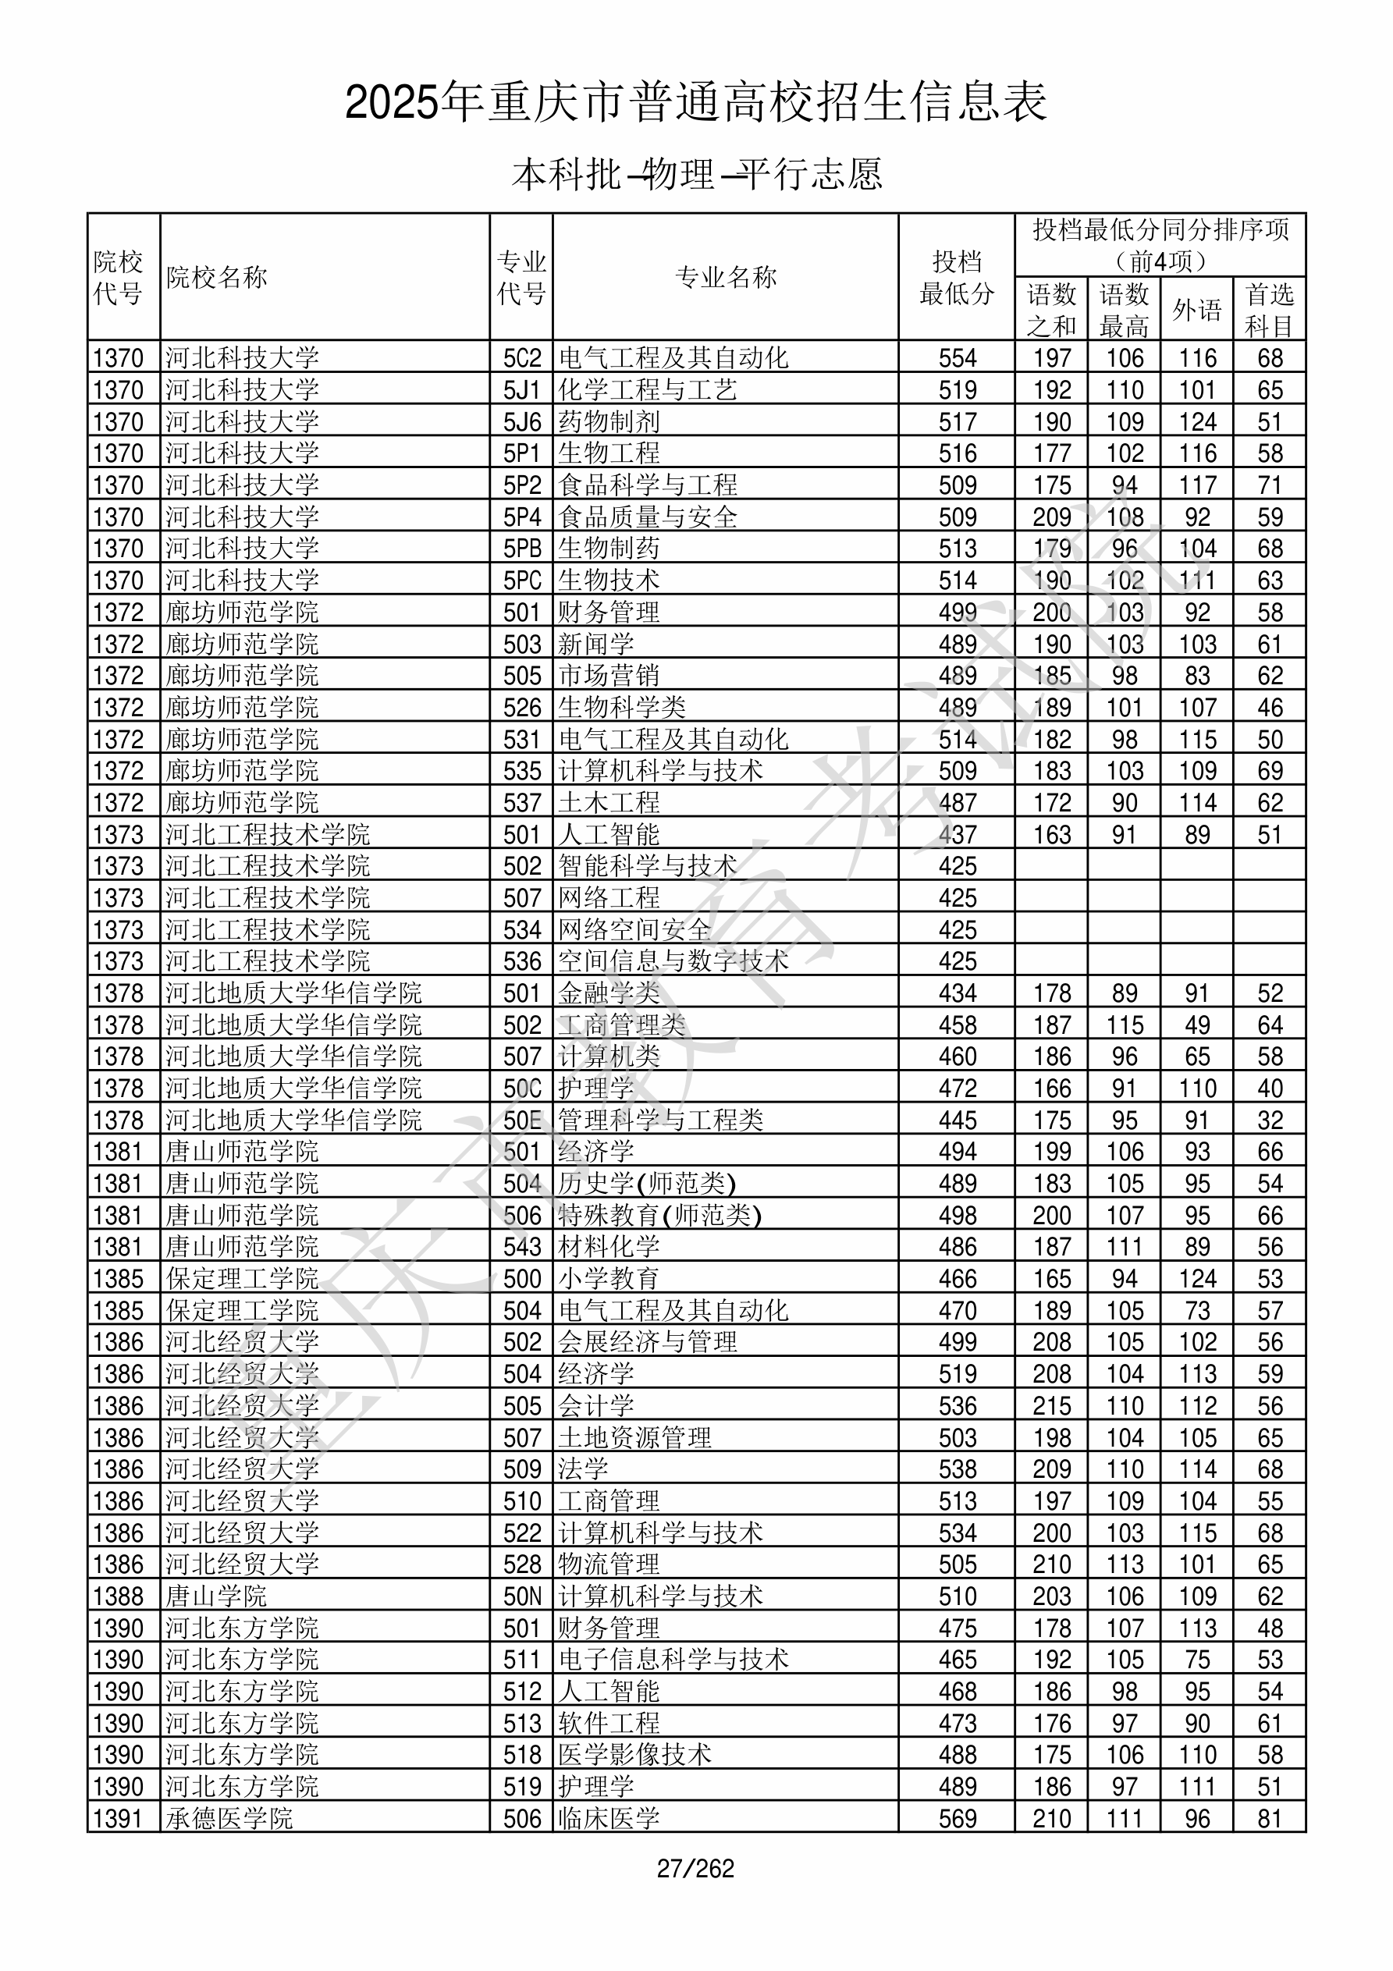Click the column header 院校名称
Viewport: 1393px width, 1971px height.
[217, 277]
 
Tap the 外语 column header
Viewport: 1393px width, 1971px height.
[1197, 310]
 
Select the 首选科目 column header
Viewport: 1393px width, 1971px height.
[1270, 310]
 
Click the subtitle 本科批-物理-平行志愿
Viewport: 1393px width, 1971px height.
[696, 174]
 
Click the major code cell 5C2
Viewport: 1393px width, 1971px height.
[522, 358]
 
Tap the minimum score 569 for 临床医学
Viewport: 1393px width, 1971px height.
[958, 1819]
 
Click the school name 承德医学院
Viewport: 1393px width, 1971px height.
[229, 1819]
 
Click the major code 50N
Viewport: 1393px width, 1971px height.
[522, 1596]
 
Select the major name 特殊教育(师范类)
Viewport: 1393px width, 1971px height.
[659, 1216]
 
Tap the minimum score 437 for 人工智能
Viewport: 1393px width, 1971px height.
[958, 834]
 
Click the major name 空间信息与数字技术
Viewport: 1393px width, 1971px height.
[673, 961]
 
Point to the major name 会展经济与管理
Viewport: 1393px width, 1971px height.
[648, 1343]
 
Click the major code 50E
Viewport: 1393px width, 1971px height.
[522, 1120]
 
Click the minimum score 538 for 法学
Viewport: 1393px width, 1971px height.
[958, 1469]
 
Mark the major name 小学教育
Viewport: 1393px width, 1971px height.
[609, 1279]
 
